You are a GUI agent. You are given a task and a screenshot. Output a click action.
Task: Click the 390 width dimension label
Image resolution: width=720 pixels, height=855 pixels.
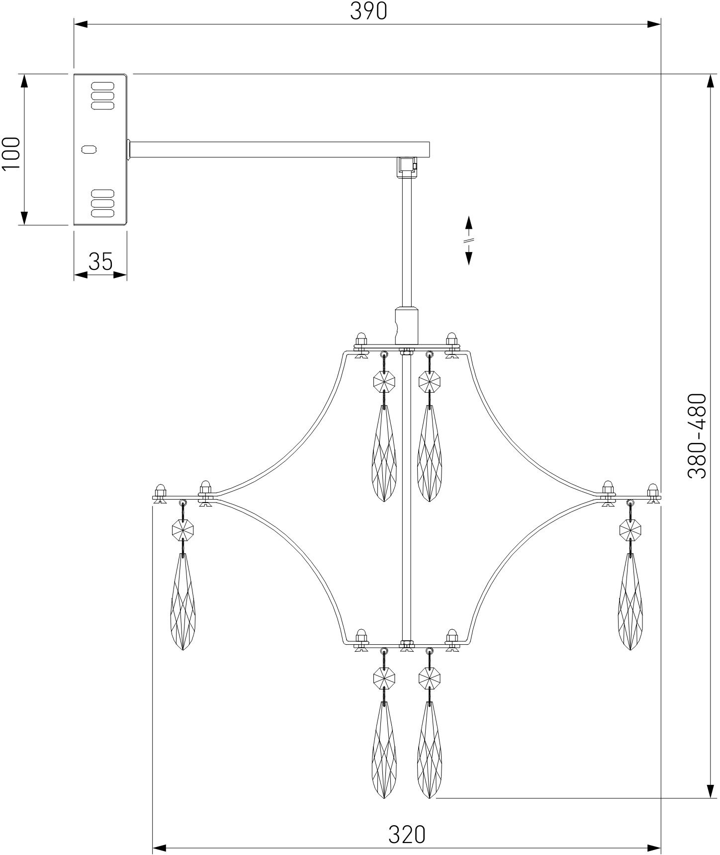pyautogui.click(x=368, y=11)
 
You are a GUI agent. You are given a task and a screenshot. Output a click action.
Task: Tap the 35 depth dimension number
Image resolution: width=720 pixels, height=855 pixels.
pyautogui.click(x=101, y=261)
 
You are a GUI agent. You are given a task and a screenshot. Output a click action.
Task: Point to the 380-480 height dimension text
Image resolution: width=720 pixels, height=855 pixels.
pyautogui.click(x=697, y=436)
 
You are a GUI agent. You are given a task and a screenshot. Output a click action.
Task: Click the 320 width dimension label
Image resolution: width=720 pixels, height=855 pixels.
pyautogui.click(x=407, y=835)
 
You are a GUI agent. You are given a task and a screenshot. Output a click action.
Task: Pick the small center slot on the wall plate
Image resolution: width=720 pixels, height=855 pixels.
pyautogui.click(x=90, y=149)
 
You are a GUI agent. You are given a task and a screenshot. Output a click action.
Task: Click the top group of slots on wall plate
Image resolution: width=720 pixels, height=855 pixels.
pyautogui.click(x=102, y=95)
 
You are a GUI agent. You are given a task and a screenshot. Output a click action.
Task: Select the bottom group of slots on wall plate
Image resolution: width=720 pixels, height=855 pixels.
pyautogui.click(x=102, y=203)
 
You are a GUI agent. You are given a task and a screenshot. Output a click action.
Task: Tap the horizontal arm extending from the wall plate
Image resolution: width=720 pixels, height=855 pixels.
pyautogui.click(x=278, y=150)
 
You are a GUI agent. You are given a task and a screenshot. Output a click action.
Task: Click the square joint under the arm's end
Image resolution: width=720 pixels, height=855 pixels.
pyautogui.click(x=406, y=167)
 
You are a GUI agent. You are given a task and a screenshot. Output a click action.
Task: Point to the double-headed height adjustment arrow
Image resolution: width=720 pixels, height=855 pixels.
pyautogui.click(x=468, y=240)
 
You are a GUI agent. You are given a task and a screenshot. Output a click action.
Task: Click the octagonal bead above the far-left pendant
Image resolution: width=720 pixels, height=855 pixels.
pyautogui.click(x=182, y=529)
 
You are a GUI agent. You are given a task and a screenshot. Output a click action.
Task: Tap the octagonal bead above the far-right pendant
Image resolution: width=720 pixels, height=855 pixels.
pyautogui.click(x=630, y=529)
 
